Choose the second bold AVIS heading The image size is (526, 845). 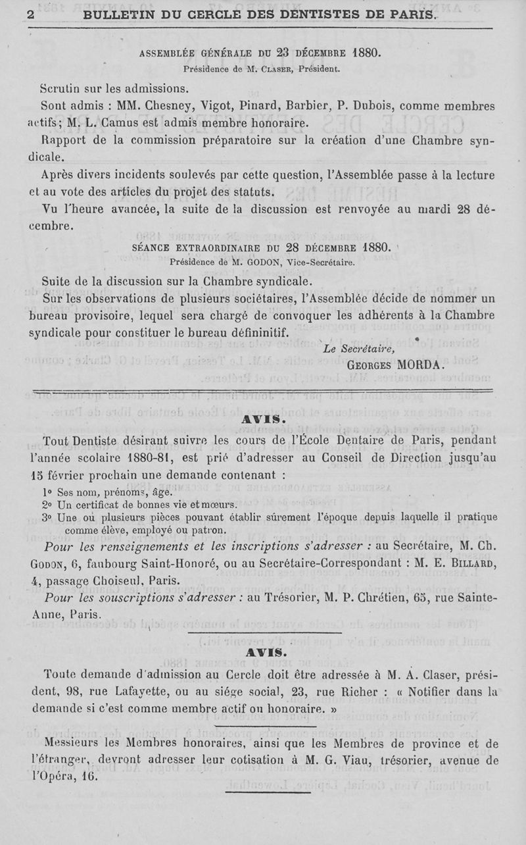264,652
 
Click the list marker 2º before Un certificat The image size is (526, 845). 45,504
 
